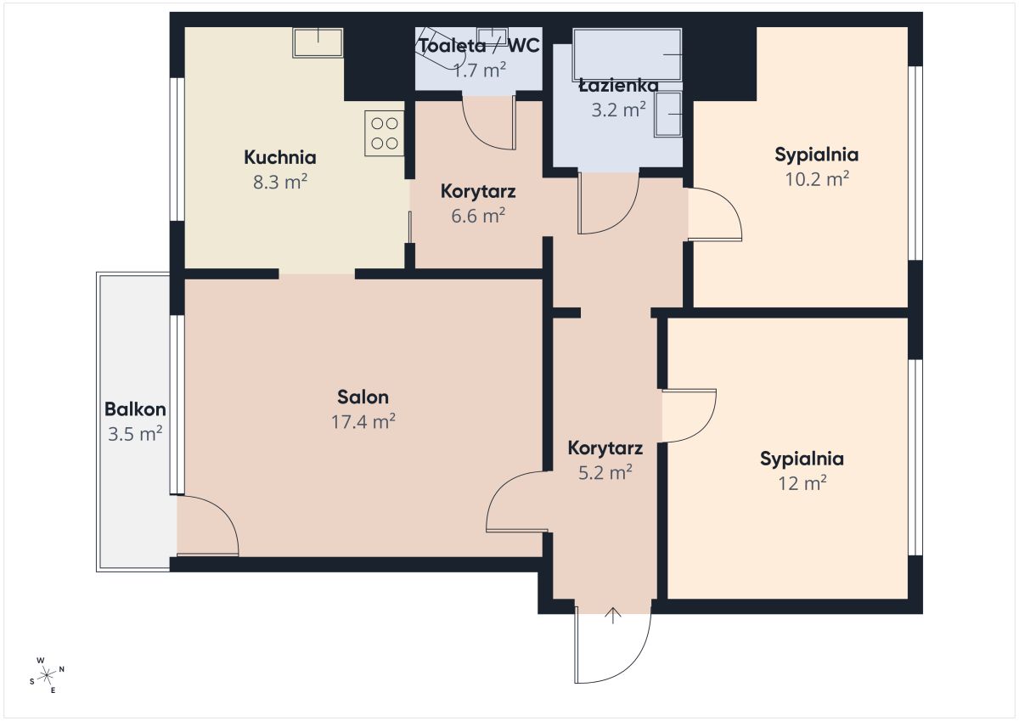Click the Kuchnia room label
coord(279,157)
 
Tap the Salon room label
coord(363,397)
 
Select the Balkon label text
coord(135,409)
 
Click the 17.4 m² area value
coord(363,422)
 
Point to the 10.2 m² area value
coord(817,179)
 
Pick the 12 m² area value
coord(802,482)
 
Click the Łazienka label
coord(618,86)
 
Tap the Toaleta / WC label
coord(479,46)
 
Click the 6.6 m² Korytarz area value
coord(478,216)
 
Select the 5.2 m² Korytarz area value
coord(605,473)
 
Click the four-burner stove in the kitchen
coord(385,133)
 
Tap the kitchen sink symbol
coord(318,42)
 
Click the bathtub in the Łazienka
coord(628,54)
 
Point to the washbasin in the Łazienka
coord(667,114)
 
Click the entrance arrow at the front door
coord(613,615)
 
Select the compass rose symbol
coord(47,675)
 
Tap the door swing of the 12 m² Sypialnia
coord(706,429)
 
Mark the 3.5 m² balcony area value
coord(135,434)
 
